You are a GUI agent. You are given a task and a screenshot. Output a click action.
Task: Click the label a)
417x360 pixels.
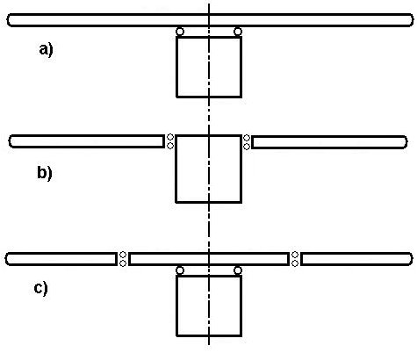click(x=46, y=50)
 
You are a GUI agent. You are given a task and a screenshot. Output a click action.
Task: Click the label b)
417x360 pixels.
click(x=45, y=173)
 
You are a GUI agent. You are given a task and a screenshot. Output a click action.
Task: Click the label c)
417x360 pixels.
click(x=40, y=288)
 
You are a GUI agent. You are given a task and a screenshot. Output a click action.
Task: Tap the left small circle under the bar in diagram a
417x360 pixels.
click(x=180, y=32)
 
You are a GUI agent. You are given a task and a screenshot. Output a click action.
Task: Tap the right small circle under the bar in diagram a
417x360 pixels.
click(x=238, y=32)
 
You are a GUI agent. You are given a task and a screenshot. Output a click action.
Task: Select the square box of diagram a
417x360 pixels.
click(x=176, y=67)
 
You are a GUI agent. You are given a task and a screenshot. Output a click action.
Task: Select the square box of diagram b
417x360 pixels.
click(x=176, y=169)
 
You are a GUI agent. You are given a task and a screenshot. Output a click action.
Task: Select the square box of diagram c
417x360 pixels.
click(x=176, y=306)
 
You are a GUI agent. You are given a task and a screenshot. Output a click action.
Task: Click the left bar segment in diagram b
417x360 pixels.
click(x=87, y=136)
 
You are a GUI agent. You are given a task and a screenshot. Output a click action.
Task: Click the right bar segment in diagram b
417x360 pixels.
click(x=329, y=136)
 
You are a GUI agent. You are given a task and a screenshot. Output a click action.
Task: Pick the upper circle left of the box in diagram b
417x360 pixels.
click(x=170, y=137)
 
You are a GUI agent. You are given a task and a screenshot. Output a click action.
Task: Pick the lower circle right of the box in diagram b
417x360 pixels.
click(x=247, y=146)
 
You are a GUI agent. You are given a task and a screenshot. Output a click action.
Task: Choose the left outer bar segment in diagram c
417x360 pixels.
click(x=61, y=254)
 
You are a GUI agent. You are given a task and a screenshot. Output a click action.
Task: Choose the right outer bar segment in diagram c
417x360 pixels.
click(x=356, y=254)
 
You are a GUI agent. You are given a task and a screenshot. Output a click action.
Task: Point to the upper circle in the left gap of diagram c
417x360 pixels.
click(x=123, y=255)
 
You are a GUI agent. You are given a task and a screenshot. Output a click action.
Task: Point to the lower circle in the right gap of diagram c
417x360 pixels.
click(x=295, y=263)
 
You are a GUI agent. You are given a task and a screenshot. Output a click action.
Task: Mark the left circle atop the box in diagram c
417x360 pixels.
click(x=180, y=270)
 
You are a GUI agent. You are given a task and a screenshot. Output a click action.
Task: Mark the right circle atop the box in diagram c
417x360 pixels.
click(x=238, y=270)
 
